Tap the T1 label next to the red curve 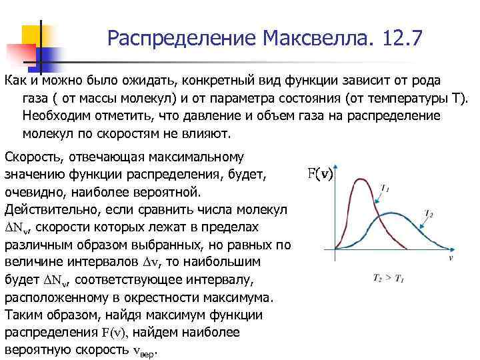point(385,189)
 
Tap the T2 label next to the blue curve point(430,214)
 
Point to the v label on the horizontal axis point(451,257)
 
